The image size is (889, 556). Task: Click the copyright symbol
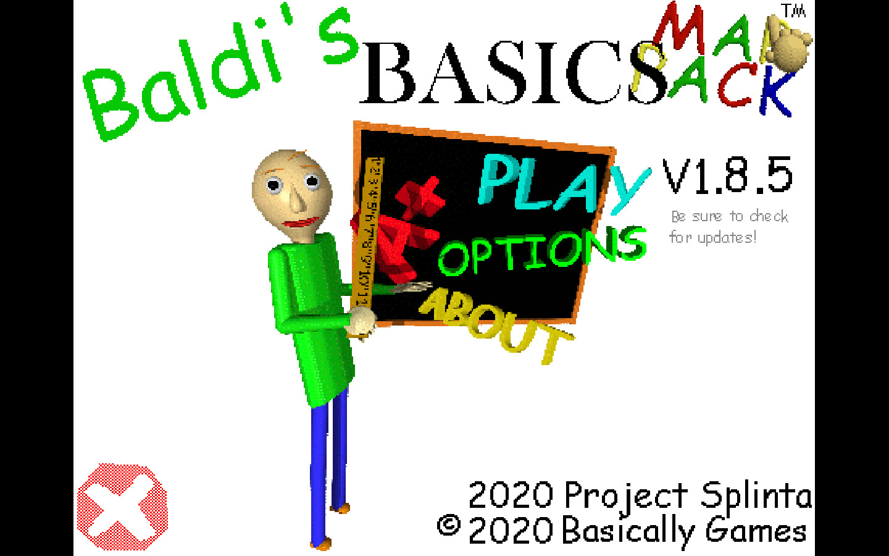(449, 526)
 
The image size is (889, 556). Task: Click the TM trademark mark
(793, 11)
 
